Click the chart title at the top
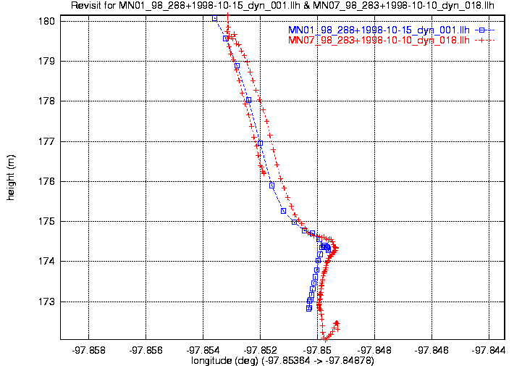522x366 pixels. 282,6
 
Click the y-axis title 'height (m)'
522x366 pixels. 11,178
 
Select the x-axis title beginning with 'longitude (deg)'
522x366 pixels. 282,361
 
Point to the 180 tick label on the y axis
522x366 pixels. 46,21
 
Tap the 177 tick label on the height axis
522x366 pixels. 46,141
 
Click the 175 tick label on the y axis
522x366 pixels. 46,221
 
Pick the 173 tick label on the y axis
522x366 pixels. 46,301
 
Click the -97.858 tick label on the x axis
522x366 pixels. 88,350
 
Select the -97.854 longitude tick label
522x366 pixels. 203,350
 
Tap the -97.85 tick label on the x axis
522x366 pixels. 317,350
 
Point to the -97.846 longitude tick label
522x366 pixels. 432,350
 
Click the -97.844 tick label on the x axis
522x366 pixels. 489,350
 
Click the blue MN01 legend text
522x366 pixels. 379,30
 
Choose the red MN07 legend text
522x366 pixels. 379,41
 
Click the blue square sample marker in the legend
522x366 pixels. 481,30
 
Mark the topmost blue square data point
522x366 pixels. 215,19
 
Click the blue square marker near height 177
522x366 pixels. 261,144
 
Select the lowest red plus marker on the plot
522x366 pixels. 326,339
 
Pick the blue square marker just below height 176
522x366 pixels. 272,186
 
